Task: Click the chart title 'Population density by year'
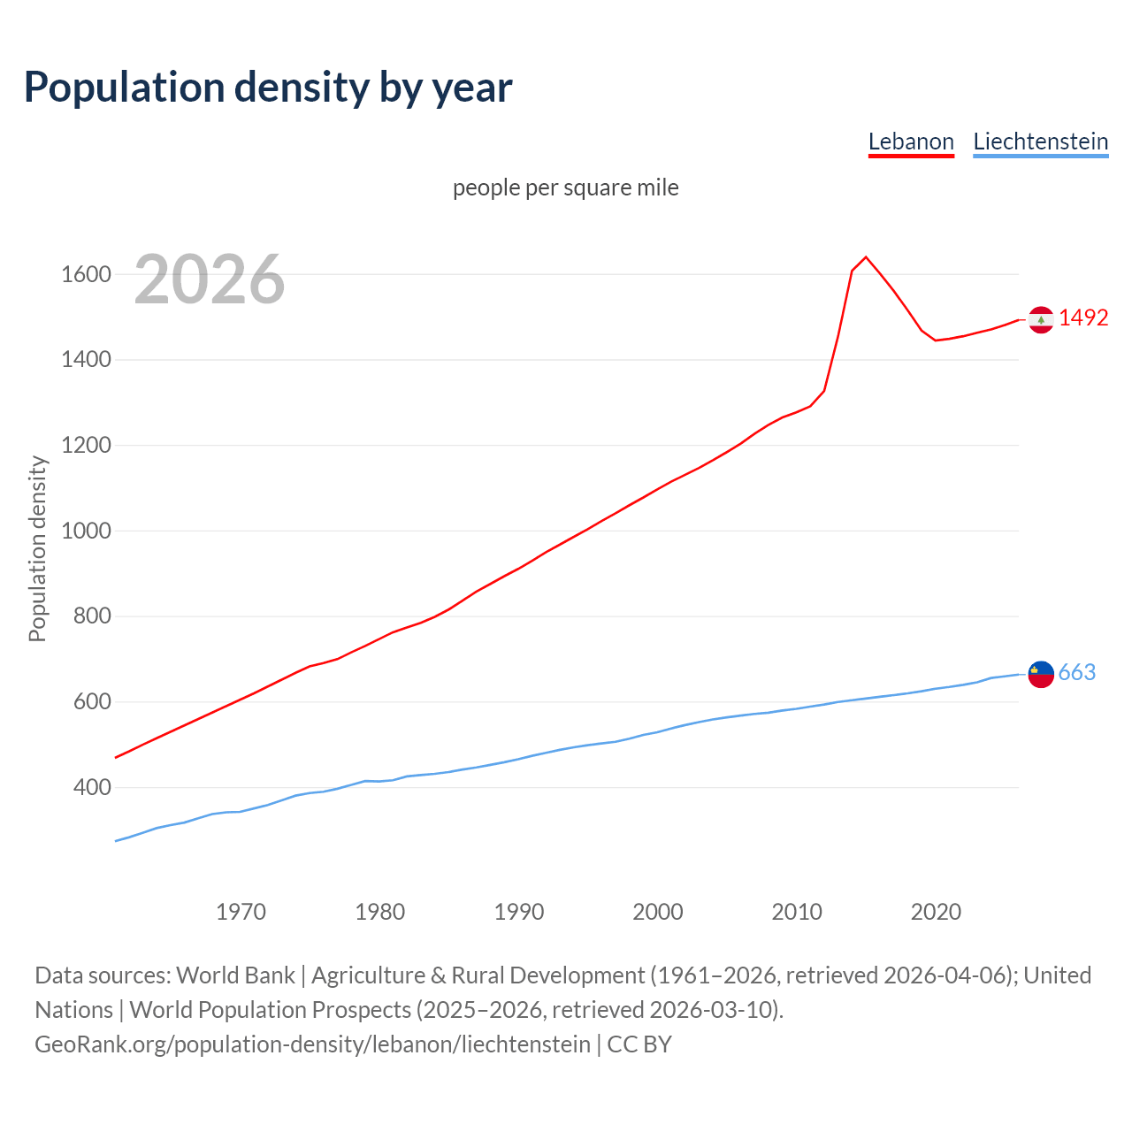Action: point(268,88)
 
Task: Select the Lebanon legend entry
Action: point(911,142)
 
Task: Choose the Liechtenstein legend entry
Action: point(1040,142)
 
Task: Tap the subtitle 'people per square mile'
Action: point(565,188)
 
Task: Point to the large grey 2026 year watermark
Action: point(210,279)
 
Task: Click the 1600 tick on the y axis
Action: point(86,275)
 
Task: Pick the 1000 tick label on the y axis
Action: point(86,531)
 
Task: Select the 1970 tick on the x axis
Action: point(241,912)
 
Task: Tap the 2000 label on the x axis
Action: point(657,912)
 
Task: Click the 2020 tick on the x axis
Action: point(936,912)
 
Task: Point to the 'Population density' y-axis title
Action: point(37,548)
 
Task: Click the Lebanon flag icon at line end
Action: point(1041,319)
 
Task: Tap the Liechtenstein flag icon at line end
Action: point(1041,674)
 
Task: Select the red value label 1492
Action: point(1083,318)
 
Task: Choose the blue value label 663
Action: point(1077,673)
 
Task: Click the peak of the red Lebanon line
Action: point(866,257)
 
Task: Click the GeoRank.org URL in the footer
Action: point(312,1044)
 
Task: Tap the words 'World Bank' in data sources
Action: point(235,975)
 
